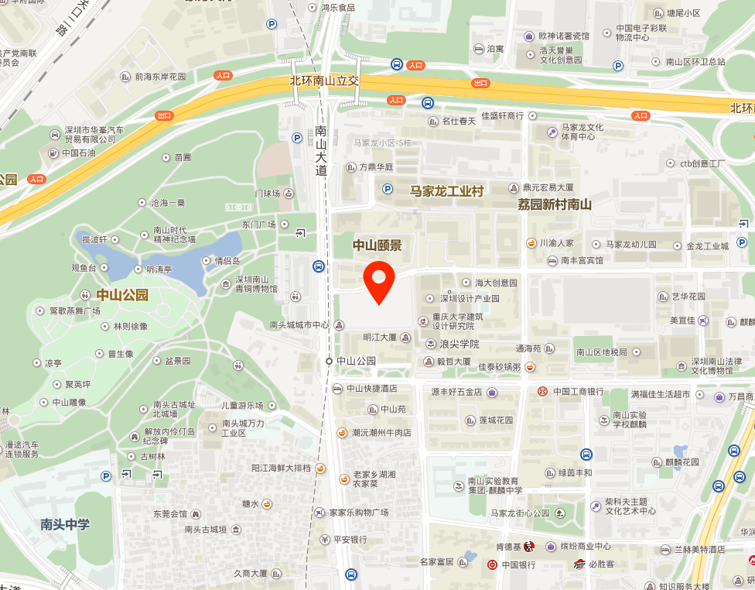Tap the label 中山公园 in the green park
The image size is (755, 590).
(122, 295)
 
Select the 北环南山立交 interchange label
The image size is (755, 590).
(325, 81)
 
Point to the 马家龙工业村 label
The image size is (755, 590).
(446, 190)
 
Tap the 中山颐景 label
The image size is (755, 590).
(377, 245)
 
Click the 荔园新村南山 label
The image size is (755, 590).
(555, 204)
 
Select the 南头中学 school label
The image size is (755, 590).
(65, 524)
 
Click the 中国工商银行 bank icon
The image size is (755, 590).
(542, 392)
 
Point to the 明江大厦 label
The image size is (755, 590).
(380, 338)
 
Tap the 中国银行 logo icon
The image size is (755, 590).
(492, 564)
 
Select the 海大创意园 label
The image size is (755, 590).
(496, 283)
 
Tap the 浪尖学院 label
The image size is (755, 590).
(459, 344)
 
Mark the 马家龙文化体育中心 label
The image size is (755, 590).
(582, 132)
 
